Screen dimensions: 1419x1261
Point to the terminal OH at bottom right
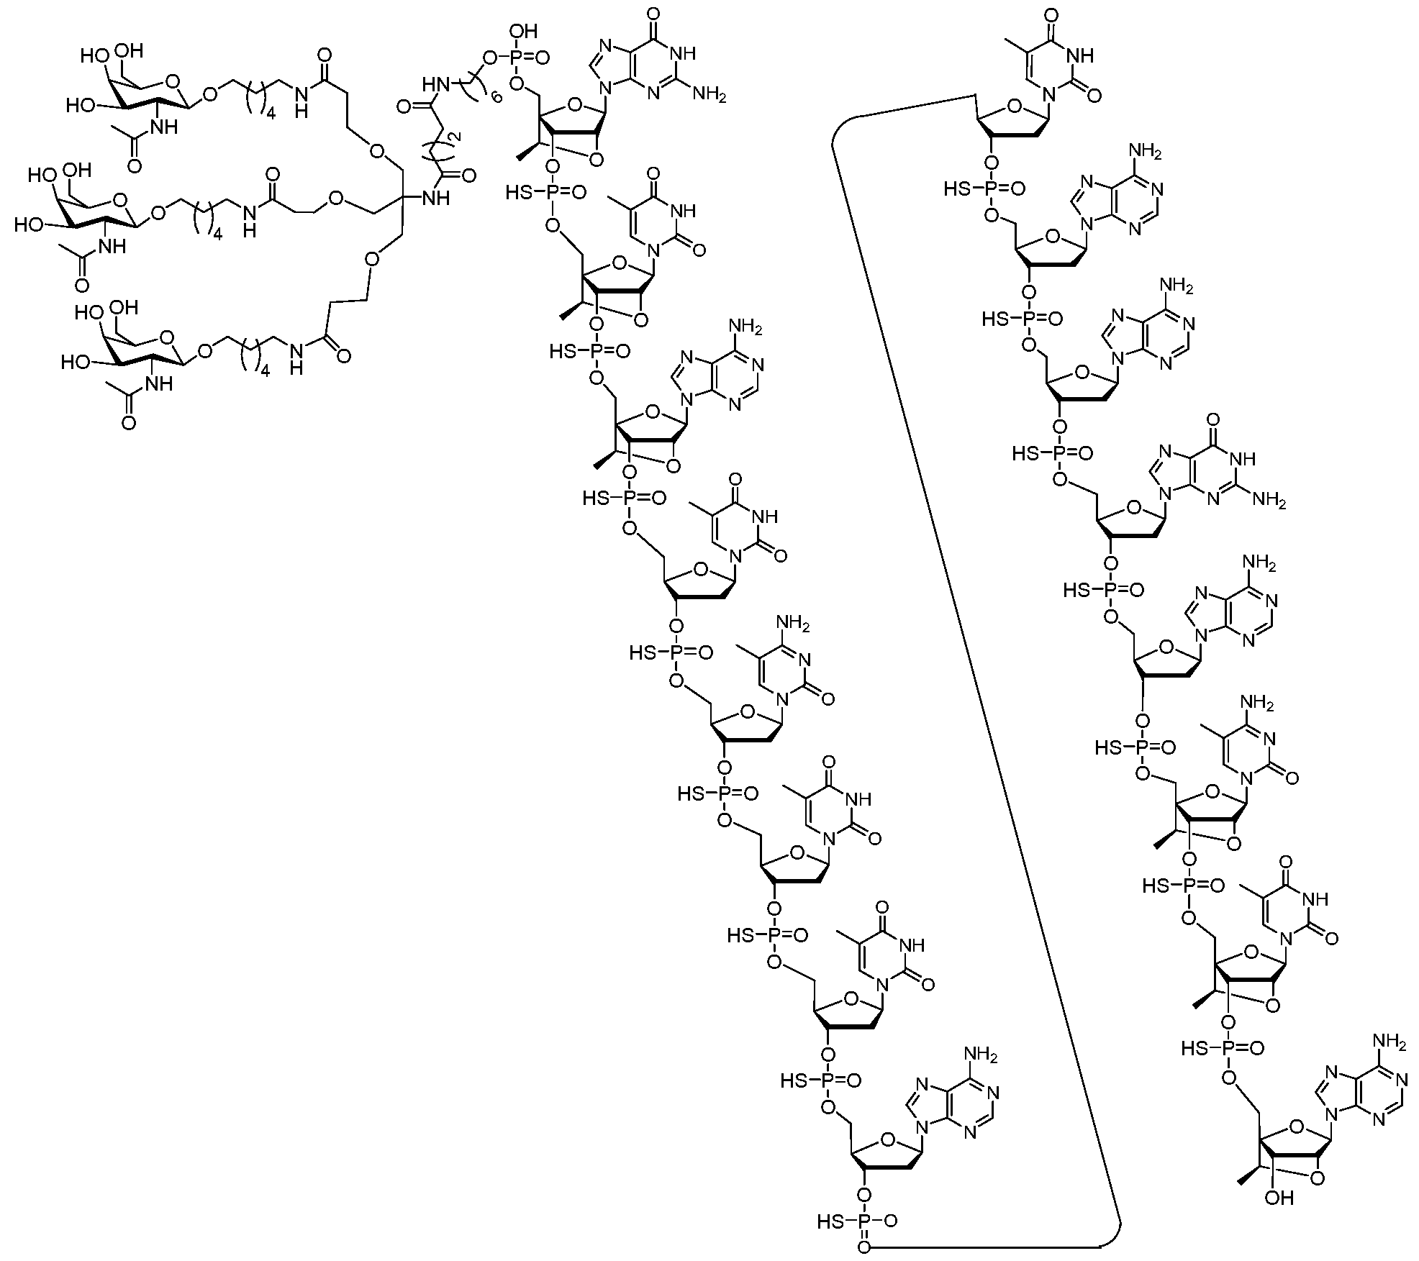point(1282,1198)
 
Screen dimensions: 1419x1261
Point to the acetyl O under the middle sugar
point(81,286)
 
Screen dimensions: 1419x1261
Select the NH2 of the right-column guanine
point(1269,500)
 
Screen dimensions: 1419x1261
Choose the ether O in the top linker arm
point(376,151)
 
